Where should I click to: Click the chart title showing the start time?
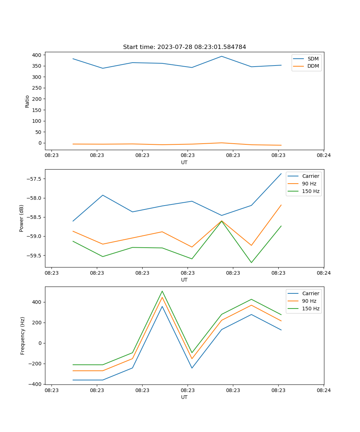coord(184,47)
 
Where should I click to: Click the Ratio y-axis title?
coord(27,101)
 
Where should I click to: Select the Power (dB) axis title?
coord(22,218)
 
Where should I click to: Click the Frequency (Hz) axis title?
coord(23,336)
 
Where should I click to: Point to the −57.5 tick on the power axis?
coord(34,179)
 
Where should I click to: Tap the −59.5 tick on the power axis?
coord(34,256)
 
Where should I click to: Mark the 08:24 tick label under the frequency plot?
coord(324,390)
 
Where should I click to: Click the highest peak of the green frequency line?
coord(162,291)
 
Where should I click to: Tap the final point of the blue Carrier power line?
coord(281,174)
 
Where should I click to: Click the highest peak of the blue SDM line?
coord(222,56)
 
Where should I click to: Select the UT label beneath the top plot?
coord(184,162)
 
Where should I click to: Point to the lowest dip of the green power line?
coord(251,262)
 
